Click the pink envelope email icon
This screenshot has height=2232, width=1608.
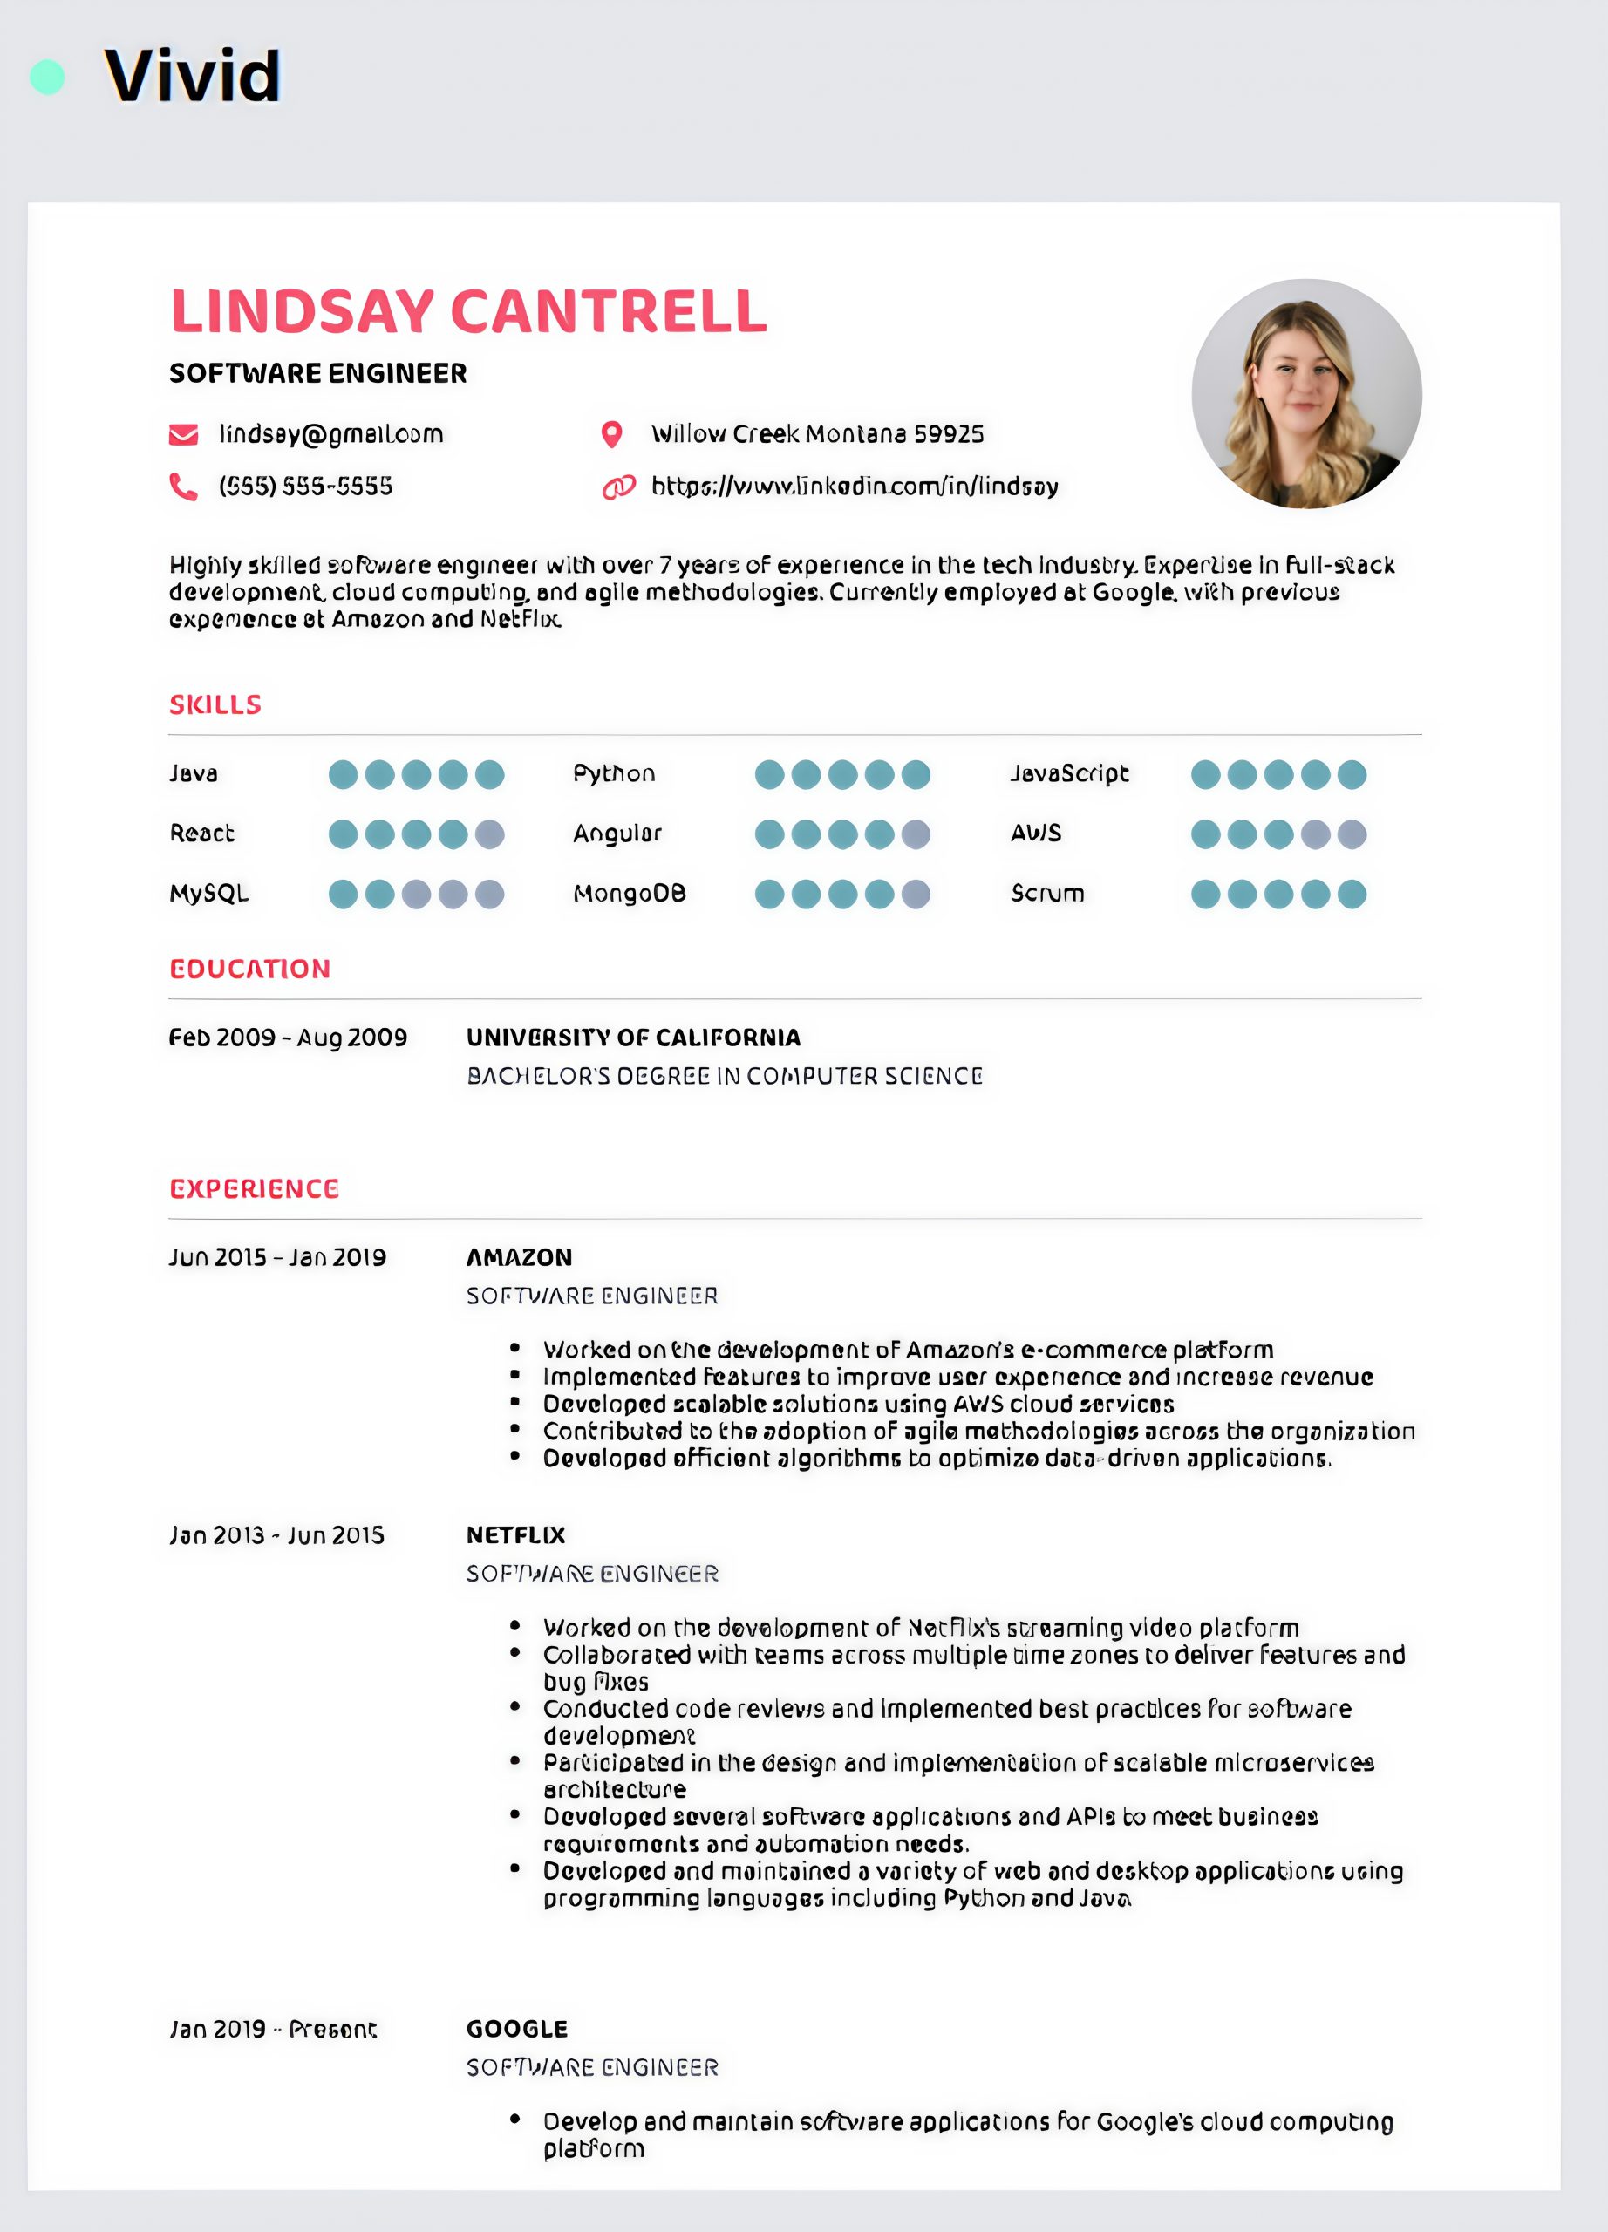coord(183,435)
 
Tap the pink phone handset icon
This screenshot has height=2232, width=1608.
coord(183,487)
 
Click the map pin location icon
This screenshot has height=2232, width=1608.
coord(612,435)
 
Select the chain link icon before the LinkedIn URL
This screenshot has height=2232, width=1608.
coord(618,487)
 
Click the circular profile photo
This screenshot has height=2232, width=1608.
coord(1306,393)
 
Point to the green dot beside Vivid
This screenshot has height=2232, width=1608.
coord(47,77)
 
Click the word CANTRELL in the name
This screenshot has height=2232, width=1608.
coord(608,312)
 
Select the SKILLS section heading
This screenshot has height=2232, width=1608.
coord(215,704)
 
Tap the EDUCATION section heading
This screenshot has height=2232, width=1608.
coord(250,970)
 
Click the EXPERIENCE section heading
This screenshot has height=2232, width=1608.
coord(254,1189)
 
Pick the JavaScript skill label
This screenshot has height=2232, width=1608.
coord(1070,773)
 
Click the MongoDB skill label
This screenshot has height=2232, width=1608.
coord(630,894)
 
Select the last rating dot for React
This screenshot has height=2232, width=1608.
coord(490,834)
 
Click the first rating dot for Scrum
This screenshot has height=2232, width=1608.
coord(1205,895)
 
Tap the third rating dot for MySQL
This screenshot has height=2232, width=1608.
coord(416,895)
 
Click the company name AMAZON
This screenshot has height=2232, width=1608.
coord(519,1258)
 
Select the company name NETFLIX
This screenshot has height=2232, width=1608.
coord(515,1535)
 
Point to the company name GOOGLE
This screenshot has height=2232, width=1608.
coord(516,2029)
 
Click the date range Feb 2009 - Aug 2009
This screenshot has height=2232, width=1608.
coord(288,1038)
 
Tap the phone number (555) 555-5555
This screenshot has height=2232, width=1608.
coord(305,487)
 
